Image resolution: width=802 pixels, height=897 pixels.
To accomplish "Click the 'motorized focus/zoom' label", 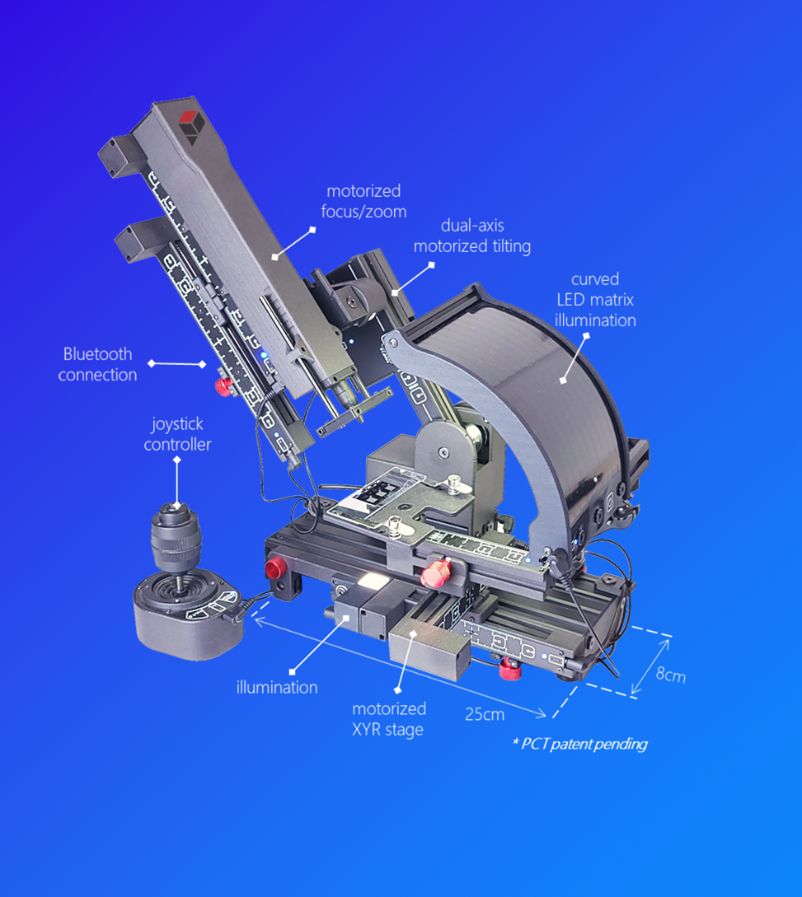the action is coord(363,201).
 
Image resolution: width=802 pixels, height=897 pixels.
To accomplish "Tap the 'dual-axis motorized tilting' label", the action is coord(472,236).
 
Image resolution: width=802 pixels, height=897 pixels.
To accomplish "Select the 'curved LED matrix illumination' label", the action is coord(595,299).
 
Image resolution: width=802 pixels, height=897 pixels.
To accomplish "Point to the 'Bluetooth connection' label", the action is coord(97,364).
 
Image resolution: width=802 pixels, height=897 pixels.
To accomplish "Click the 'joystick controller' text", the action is coord(177,433).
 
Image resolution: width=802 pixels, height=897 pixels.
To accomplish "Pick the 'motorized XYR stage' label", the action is coord(389,718).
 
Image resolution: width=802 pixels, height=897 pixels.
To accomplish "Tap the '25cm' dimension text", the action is coord(485,714).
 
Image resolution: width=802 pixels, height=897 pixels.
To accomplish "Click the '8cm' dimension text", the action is coord(670,675).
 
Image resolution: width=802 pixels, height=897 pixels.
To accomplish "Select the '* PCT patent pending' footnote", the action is coord(580,744).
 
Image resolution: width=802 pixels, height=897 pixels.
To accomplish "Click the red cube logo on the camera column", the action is coord(191,127).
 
